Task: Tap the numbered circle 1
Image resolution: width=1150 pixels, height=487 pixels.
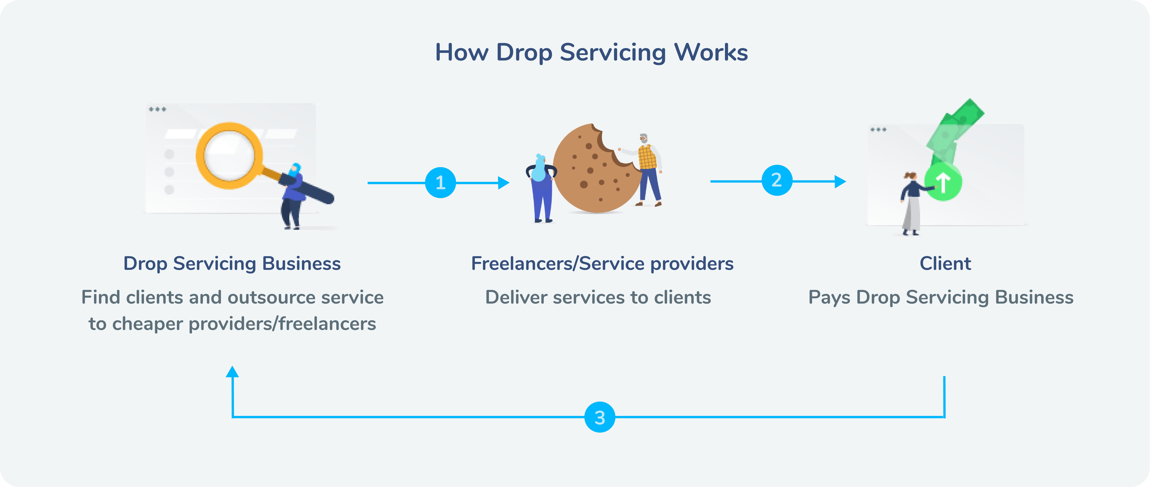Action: [x=440, y=183]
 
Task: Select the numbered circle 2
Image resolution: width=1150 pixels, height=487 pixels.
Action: [x=777, y=180]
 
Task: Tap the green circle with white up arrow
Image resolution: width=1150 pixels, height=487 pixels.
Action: [x=943, y=182]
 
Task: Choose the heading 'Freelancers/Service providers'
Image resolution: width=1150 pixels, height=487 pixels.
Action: [x=602, y=263]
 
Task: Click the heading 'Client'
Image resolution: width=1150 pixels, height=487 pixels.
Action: [x=945, y=263]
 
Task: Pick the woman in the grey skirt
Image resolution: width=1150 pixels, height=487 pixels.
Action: [x=911, y=203]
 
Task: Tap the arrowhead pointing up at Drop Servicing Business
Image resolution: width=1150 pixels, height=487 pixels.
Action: [x=232, y=372]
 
